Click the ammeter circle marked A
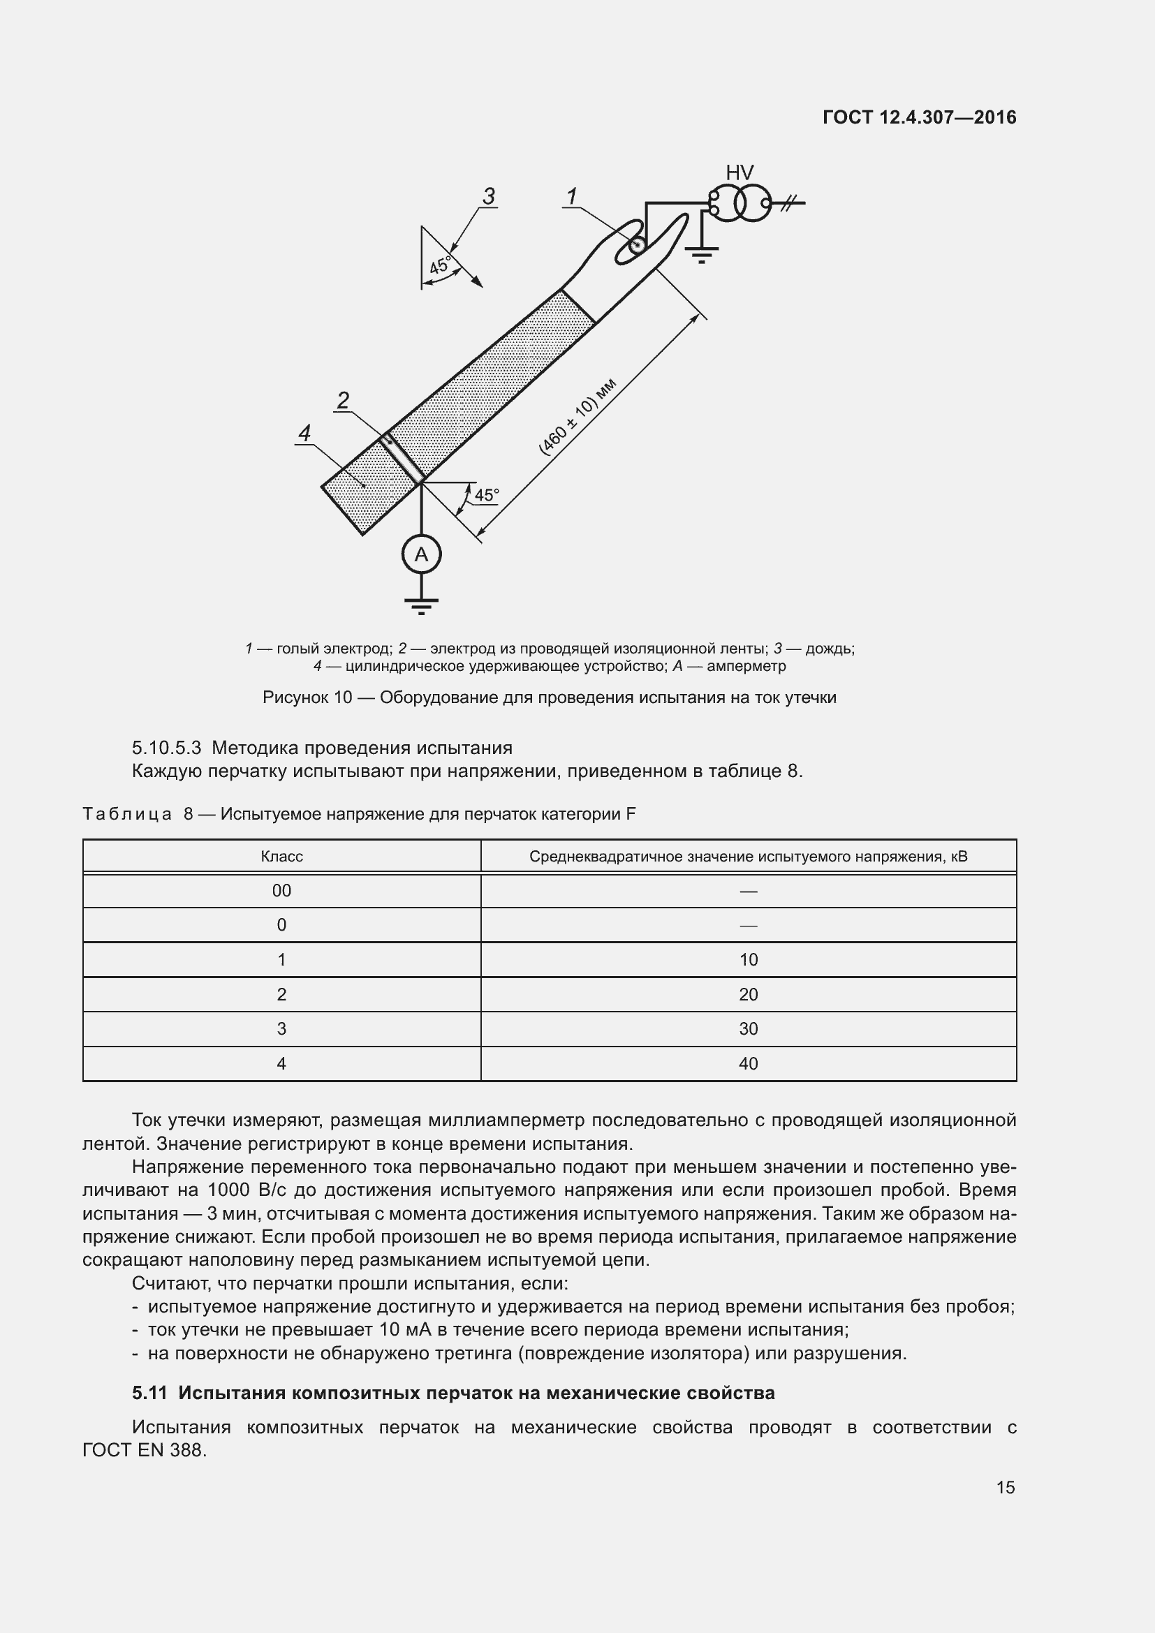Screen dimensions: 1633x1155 click(421, 554)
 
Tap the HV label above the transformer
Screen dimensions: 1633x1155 click(739, 173)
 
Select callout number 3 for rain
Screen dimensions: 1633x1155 click(489, 196)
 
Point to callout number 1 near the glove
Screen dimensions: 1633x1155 click(571, 196)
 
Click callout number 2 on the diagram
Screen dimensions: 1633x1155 click(343, 401)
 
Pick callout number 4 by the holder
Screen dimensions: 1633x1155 click(304, 433)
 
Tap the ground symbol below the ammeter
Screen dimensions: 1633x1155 click(421, 605)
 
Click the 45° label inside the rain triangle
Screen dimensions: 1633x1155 click(439, 265)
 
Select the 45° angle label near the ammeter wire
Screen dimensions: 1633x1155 click(487, 494)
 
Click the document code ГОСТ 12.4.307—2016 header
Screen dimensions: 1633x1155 click(919, 117)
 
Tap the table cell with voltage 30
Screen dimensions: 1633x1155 click(748, 1029)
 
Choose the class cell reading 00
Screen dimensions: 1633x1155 click(281, 891)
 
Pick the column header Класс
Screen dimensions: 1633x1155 click(281, 857)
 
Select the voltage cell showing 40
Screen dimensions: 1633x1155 click(748, 1064)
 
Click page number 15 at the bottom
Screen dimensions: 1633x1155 click(1005, 1487)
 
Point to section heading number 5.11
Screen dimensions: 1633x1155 click(149, 1393)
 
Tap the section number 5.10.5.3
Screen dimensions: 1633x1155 click(166, 748)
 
